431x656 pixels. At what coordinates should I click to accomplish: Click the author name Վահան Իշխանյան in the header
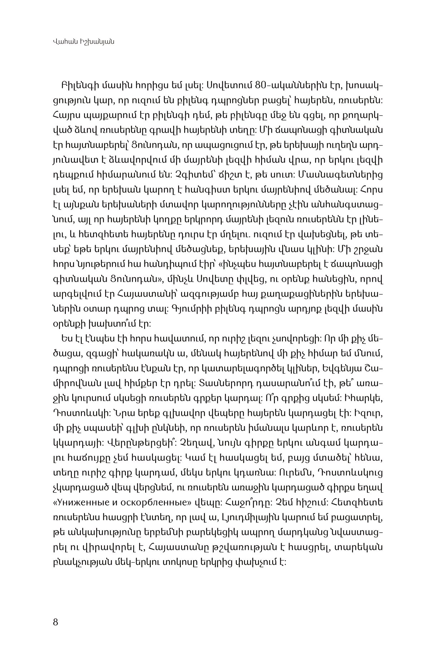point(83,42)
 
